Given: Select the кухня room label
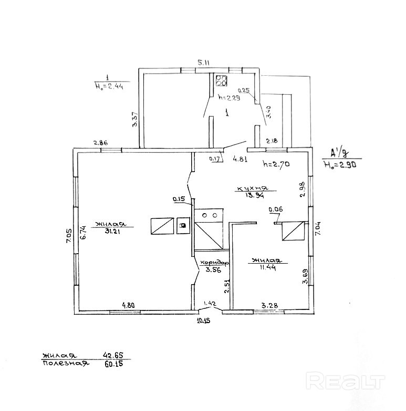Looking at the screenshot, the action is click(x=253, y=188).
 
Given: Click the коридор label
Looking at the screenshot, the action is click(x=214, y=262).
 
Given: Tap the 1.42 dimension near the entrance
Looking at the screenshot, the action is click(x=210, y=303).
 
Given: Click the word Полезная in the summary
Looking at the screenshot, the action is click(x=65, y=364).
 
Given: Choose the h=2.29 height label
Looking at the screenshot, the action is click(x=229, y=97).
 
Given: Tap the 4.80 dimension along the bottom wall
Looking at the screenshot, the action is click(x=129, y=305).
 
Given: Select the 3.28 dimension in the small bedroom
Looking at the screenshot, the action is click(x=269, y=305).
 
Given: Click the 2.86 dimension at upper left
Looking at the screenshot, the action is click(x=100, y=143).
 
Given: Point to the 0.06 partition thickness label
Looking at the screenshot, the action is click(x=275, y=209).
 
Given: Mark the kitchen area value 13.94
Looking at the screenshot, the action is click(x=253, y=195).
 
